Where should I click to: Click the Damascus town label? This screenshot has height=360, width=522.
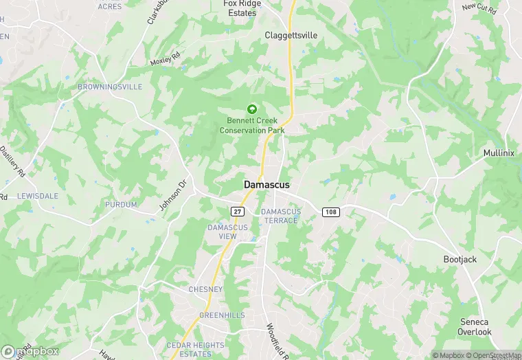(266, 185)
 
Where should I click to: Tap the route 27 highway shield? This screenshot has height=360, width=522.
(237, 211)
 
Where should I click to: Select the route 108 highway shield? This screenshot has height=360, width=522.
(330, 212)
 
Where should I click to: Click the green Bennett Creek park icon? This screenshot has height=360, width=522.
(251, 109)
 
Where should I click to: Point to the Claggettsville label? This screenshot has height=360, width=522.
(291, 34)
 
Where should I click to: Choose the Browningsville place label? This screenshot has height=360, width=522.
(110, 87)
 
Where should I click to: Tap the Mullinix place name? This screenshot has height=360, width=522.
(499, 153)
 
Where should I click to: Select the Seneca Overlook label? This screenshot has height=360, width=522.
(475, 327)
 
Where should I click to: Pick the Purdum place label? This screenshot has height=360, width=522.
(121, 205)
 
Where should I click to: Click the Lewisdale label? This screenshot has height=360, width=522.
(38, 196)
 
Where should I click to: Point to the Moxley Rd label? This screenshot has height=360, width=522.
(165, 58)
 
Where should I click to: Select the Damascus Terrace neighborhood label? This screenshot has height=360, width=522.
(280, 216)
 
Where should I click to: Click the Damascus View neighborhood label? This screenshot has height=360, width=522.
(223, 232)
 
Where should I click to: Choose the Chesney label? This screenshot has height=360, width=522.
(205, 289)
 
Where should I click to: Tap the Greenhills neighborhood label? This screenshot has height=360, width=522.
(222, 315)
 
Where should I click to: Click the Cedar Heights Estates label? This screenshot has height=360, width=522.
(195, 349)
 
